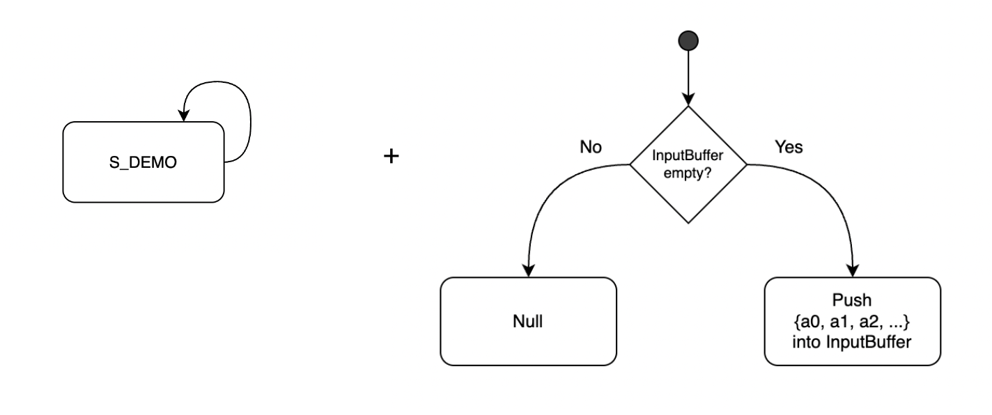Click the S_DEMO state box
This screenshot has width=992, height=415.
[144, 162]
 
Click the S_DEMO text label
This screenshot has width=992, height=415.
[143, 162]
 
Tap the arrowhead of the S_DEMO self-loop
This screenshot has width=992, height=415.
[184, 116]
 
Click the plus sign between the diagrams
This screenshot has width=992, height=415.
[391, 156]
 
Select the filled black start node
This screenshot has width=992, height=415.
[688, 40]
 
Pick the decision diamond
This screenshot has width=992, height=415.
[688, 164]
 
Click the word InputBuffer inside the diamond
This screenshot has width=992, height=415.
[688, 155]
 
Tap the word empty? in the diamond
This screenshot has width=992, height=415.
[688, 173]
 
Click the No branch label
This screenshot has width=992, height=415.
[591, 147]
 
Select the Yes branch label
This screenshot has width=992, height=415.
[789, 147]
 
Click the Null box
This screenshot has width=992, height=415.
[528, 321]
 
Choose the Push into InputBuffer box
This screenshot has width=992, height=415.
[853, 321]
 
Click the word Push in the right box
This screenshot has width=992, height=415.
[851, 300]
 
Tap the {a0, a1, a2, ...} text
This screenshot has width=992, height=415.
[851, 321]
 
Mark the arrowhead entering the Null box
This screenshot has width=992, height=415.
[528, 271]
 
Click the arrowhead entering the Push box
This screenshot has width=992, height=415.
[853, 271]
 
